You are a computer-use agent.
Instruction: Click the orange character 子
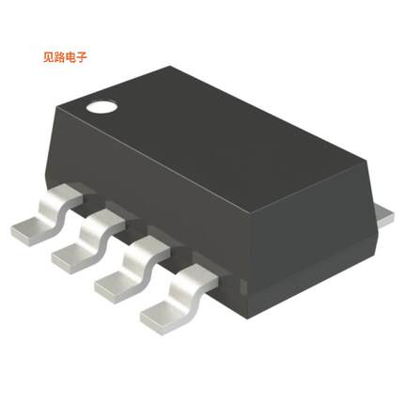pos(92,56)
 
